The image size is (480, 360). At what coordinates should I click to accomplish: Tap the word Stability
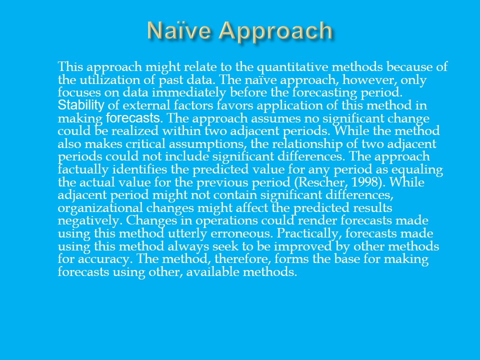(x=81, y=105)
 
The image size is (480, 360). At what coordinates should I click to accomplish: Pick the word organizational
(x=100, y=208)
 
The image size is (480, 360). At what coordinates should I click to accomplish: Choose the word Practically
(x=309, y=234)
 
